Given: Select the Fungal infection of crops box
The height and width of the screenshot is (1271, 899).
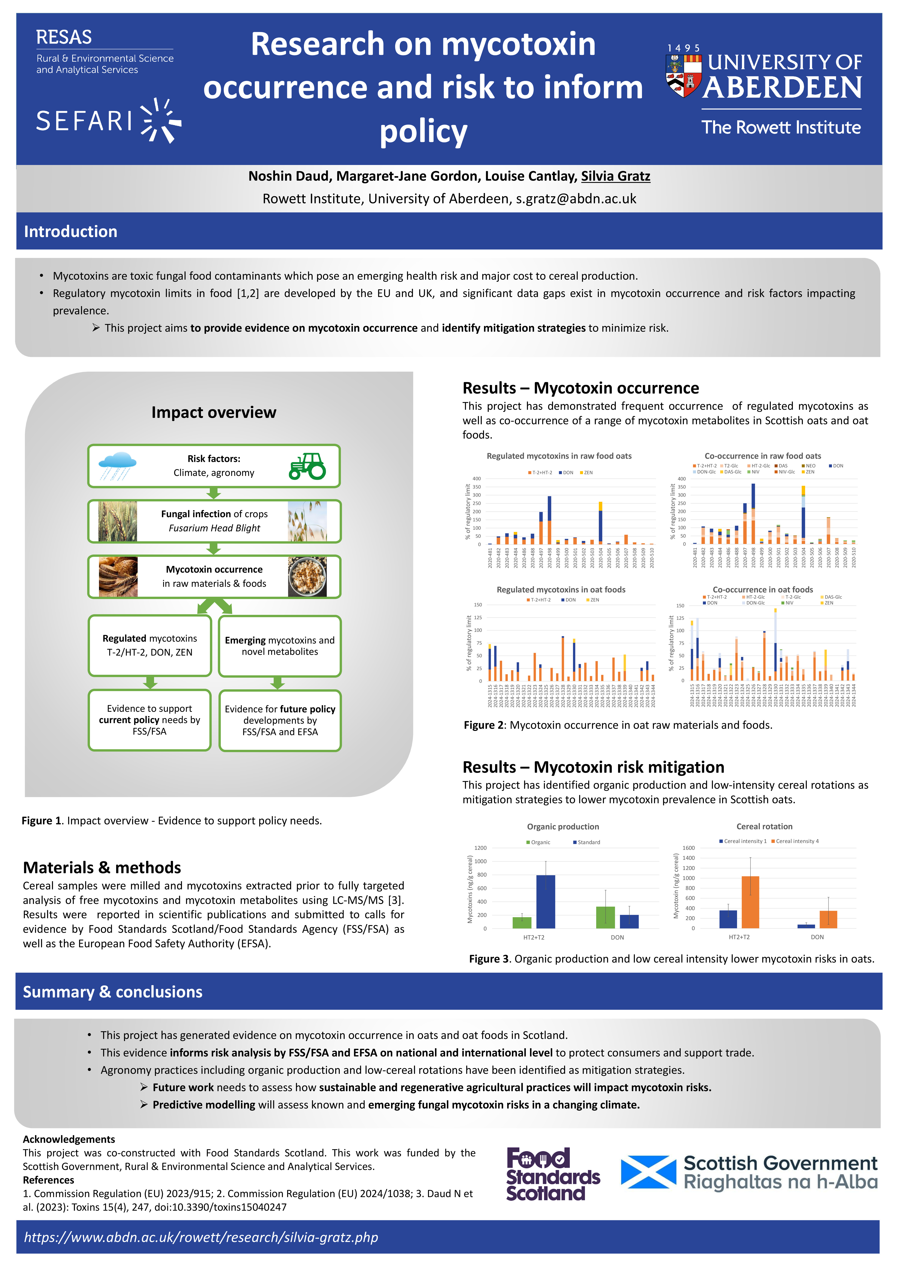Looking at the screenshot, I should click(x=214, y=521).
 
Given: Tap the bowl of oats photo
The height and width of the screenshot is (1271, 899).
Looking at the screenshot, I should click(x=307, y=576).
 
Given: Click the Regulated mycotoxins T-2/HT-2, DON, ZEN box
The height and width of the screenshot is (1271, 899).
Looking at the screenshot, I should click(x=150, y=645).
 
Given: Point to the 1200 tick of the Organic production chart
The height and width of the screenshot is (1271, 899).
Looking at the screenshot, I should click(x=480, y=848).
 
